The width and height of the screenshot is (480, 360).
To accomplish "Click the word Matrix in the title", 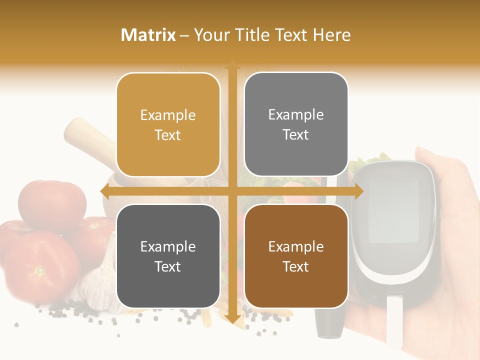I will point(148,35).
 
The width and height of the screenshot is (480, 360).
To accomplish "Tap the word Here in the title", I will point(332,35).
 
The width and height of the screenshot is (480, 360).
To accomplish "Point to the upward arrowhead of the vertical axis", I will point(232,65).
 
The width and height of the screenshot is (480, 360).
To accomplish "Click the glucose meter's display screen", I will point(393,210).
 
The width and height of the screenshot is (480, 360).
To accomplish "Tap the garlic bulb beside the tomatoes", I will point(97,285).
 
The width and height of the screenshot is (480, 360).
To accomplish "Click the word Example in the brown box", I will point(296,246).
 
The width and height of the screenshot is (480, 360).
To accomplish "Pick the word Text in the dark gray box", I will point(168,267).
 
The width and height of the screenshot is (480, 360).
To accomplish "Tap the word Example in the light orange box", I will point(168,115).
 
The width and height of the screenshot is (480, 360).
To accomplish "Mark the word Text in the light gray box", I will point(296,135).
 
